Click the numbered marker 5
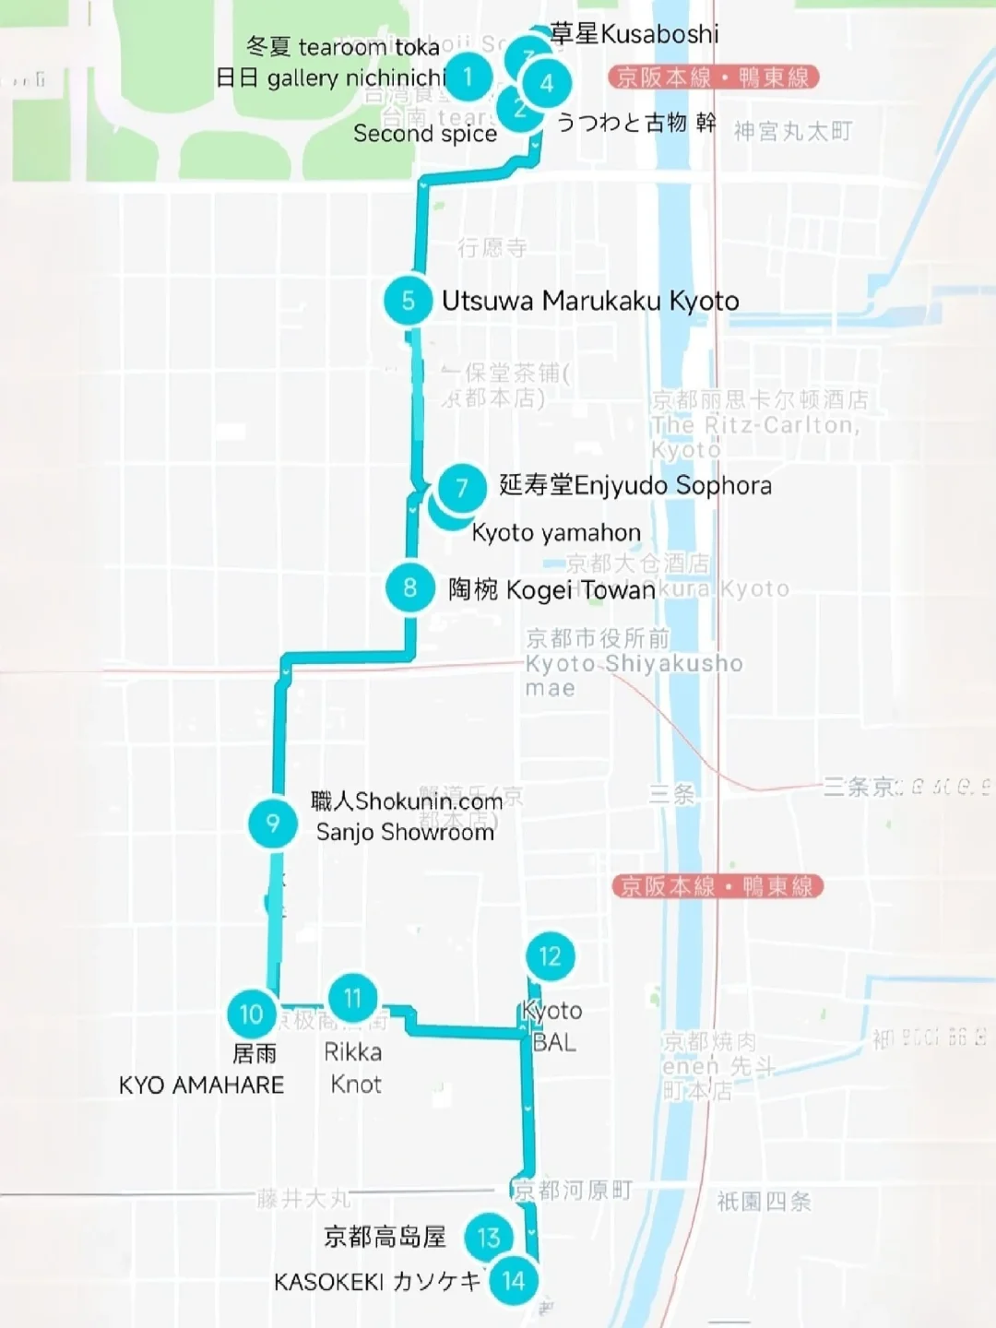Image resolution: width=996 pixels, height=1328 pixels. click(408, 301)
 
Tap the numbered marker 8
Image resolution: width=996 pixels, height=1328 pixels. click(410, 587)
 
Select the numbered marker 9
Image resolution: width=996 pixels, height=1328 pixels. click(272, 823)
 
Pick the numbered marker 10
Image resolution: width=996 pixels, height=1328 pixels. click(251, 1014)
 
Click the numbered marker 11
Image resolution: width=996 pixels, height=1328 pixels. click(352, 998)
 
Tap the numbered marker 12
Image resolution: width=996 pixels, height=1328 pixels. click(550, 956)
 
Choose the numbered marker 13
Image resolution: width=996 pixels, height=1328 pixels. click(489, 1238)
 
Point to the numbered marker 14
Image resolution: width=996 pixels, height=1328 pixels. click(514, 1281)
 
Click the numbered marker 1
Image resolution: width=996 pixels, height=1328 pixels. click(468, 76)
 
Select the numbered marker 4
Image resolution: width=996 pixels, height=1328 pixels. click(547, 83)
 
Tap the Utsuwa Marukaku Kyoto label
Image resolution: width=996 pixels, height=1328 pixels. click(590, 301)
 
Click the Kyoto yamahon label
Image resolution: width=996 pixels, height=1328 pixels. click(555, 533)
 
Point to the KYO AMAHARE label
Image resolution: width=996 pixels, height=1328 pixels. click(201, 1085)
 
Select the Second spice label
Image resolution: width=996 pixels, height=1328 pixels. click(425, 134)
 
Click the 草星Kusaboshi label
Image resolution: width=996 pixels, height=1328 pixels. click(634, 34)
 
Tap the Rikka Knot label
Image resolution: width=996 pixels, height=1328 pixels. click(353, 1068)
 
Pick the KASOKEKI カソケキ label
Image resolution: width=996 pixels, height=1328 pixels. click(377, 1282)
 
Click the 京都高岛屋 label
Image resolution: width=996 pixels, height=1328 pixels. click(385, 1237)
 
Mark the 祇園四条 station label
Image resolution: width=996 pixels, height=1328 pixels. click(764, 1202)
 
